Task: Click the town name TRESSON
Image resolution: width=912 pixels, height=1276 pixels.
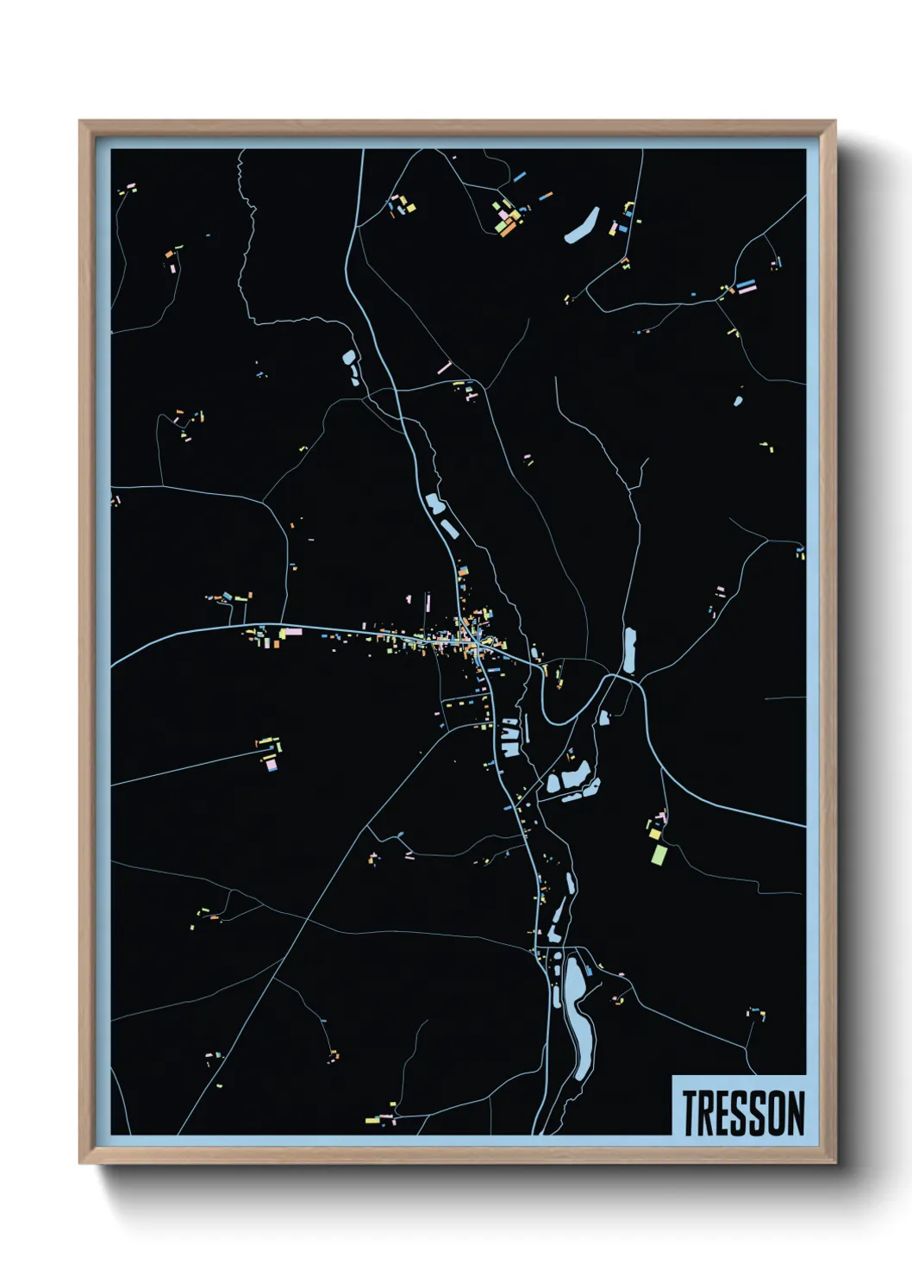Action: coord(743,1113)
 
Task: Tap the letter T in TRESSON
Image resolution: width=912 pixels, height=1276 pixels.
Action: coord(690,1113)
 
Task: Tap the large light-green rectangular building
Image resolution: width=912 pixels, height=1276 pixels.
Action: coord(659,854)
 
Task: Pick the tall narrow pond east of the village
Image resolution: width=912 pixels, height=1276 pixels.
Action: coord(629,649)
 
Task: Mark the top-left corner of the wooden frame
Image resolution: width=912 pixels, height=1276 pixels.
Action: coord(80,122)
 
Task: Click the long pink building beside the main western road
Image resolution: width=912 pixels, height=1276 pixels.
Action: coord(292,632)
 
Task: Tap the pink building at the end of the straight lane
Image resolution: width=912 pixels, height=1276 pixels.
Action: coord(272,763)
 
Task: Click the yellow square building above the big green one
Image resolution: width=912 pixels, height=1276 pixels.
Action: coord(654,834)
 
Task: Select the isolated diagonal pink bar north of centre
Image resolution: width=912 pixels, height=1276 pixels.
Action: coord(444,368)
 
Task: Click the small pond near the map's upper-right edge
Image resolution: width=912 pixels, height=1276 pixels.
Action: coord(739,399)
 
